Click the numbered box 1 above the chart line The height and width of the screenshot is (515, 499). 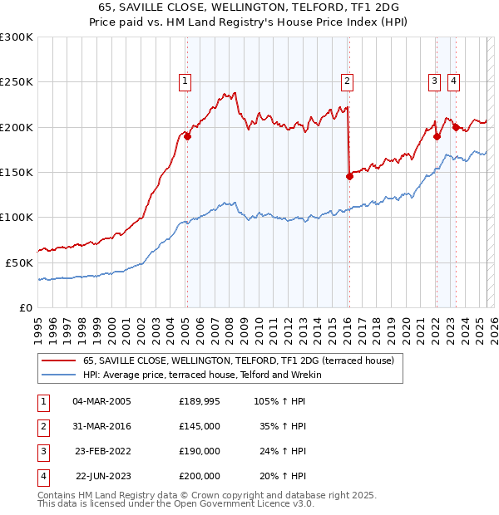pos(184,81)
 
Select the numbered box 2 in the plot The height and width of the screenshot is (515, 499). pos(347,81)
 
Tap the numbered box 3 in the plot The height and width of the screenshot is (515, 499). pos(435,81)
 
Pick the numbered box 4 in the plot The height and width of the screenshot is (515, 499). pos(453,81)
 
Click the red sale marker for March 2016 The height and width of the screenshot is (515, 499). pos(350,175)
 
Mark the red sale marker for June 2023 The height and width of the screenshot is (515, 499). pos(456,127)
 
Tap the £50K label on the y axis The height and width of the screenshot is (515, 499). pos(18,262)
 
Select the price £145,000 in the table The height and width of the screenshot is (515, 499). pos(200,425)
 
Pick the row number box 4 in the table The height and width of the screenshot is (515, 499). pos(42,476)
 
